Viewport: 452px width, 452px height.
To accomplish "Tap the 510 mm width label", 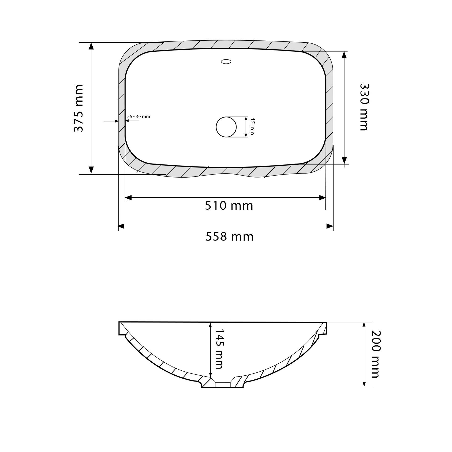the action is (229, 206).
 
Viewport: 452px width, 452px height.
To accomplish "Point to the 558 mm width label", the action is (230, 237).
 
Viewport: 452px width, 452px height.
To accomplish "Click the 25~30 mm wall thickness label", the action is (139, 117).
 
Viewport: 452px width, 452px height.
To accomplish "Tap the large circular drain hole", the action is (226, 127).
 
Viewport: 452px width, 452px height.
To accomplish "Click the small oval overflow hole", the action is (226, 62).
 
